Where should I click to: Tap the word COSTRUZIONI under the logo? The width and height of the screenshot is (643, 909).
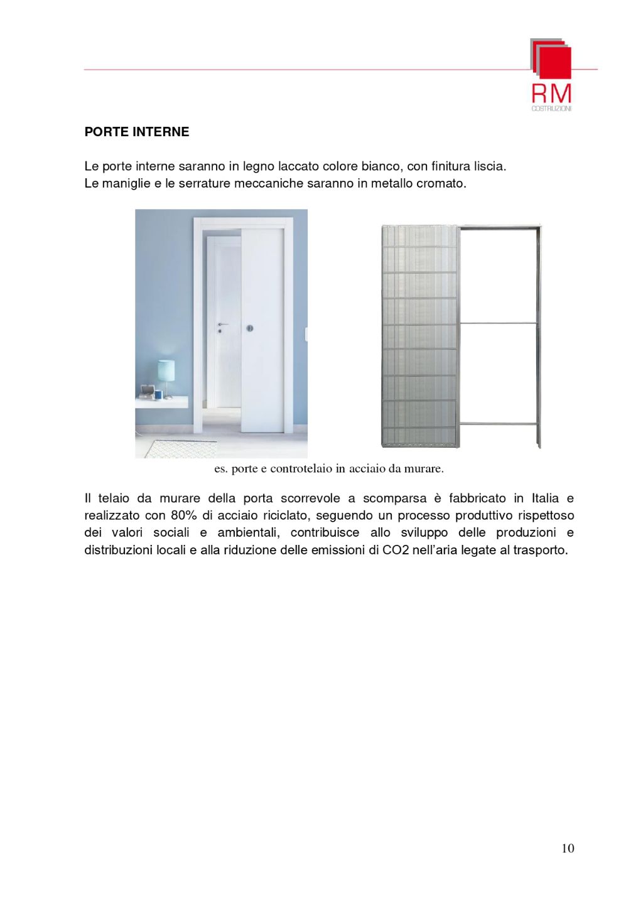[551, 109]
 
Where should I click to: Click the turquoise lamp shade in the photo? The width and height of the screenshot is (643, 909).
[166, 370]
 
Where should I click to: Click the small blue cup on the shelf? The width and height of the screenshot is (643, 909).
[159, 395]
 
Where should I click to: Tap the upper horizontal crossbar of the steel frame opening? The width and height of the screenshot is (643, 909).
[499, 323]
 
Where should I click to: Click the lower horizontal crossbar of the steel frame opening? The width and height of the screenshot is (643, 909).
[499, 424]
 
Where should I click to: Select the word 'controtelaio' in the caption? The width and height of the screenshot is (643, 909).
[299, 469]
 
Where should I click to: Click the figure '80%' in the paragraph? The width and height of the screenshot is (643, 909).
[182, 515]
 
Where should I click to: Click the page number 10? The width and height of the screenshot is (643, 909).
[568, 849]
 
